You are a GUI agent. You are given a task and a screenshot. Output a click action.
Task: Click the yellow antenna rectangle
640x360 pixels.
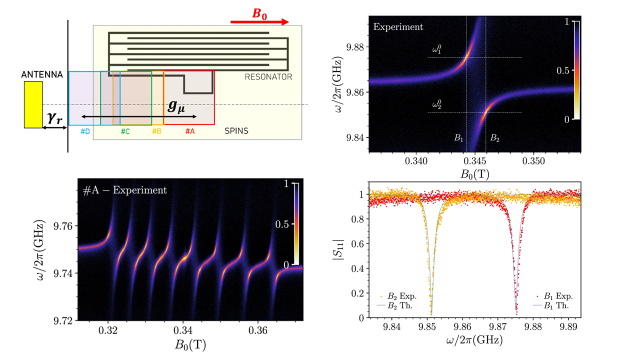tap(33, 104)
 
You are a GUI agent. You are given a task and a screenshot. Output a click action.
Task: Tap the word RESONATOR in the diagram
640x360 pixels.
tap(268, 77)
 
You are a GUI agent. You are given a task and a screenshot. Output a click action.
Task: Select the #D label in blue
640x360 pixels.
tap(85, 131)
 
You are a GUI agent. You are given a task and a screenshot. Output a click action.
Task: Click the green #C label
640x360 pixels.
tap(125, 131)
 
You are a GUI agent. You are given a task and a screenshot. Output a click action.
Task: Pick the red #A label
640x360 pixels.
tap(190, 131)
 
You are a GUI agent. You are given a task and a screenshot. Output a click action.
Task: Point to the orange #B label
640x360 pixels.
tap(157, 131)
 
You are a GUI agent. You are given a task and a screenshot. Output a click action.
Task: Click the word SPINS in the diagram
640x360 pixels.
tap(236, 131)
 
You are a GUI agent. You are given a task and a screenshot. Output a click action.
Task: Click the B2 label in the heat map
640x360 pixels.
tap(494, 138)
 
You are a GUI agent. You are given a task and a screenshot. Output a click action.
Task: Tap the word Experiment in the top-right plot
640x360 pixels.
tap(398, 26)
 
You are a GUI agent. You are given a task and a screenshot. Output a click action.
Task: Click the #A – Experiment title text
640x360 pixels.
tap(125, 190)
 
